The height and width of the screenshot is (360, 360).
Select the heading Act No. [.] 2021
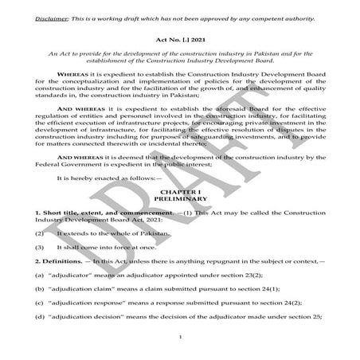tap(181, 38)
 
